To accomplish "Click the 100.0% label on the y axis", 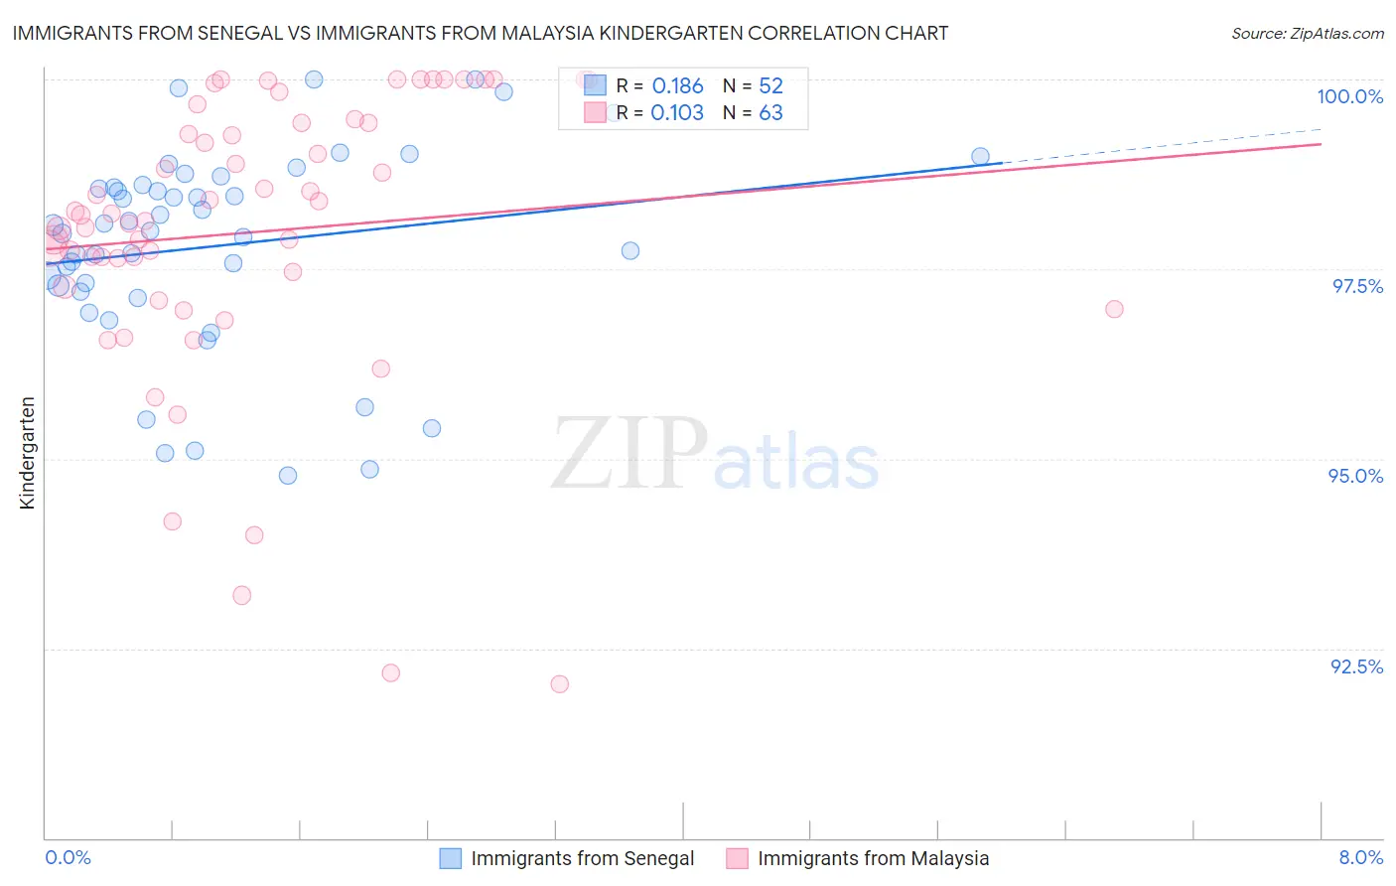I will click(x=1349, y=96).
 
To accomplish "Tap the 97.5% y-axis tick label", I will click(x=1357, y=286).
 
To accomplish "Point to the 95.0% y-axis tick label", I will click(x=1355, y=476).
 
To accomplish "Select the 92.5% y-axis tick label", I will click(x=1356, y=666).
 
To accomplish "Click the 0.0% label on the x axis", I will click(x=68, y=857).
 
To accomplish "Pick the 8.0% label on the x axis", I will click(x=1360, y=857).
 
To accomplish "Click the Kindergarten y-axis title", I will click(x=28, y=453).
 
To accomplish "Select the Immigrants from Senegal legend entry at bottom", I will click(x=582, y=858).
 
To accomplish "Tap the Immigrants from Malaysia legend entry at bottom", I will click(x=873, y=858).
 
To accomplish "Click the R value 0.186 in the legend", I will click(x=677, y=86).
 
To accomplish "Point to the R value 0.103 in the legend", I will click(x=677, y=113).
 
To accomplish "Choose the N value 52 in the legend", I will click(x=770, y=86).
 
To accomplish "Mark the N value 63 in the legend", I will click(x=770, y=113).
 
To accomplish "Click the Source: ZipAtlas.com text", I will click(x=1307, y=34).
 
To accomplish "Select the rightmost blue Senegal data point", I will click(x=980, y=156).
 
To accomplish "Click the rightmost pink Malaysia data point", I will click(x=1114, y=309).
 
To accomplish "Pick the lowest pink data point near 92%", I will click(x=559, y=683).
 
